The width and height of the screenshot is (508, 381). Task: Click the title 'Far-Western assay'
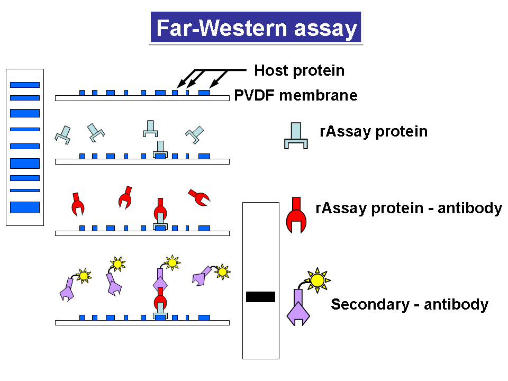click(256, 28)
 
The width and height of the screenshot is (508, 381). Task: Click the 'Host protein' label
click(299, 70)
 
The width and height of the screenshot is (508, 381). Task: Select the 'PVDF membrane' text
click(296, 96)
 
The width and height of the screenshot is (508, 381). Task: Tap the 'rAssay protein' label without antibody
click(374, 131)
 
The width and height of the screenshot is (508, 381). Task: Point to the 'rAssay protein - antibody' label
click(408, 208)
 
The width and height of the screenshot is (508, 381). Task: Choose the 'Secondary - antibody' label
click(409, 304)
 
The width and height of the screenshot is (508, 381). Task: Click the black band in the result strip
click(260, 297)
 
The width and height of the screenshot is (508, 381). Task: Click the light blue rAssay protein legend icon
click(296, 136)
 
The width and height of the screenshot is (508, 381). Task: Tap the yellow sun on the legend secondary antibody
click(316, 280)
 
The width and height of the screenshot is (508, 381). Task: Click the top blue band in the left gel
click(24, 85)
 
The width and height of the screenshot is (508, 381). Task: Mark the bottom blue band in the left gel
click(24, 207)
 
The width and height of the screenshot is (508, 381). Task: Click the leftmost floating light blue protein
click(63, 134)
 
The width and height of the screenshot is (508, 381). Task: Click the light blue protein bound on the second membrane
click(160, 149)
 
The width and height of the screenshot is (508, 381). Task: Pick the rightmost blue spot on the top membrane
click(204, 93)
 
